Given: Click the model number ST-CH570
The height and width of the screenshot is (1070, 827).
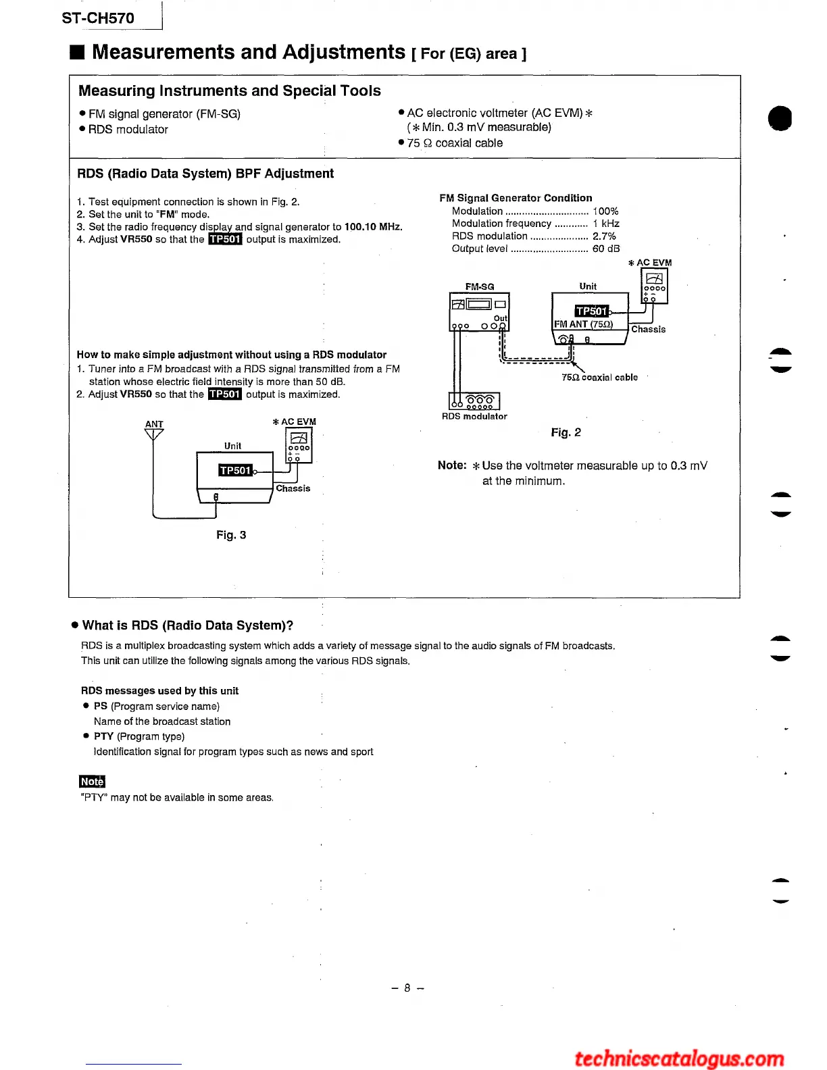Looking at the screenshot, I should click(x=98, y=18).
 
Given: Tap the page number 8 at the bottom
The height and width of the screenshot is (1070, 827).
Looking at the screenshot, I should click(x=407, y=988).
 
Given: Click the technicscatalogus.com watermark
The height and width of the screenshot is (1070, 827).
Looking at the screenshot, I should click(x=679, y=1058).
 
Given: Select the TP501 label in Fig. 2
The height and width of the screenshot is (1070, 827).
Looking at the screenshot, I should click(x=591, y=311).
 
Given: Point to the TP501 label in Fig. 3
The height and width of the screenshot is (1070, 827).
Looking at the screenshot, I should click(x=235, y=470).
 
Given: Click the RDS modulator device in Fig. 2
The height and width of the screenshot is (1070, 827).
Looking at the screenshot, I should click(x=474, y=401).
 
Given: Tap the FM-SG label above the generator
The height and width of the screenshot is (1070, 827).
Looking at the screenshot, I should click(x=480, y=286).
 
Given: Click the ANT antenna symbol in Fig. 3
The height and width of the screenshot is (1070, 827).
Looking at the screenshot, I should click(x=154, y=433).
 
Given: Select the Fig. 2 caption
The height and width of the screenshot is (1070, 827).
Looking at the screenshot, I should click(x=566, y=432).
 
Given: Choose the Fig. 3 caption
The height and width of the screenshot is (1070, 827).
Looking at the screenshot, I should click(x=231, y=535).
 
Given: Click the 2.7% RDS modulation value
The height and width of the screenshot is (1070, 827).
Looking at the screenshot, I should click(x=604, y=236).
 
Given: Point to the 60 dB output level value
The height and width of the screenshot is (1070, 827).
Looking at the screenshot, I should click(x=606, y=249).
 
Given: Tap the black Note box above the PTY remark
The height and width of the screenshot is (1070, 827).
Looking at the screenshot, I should click(x=92, y=782).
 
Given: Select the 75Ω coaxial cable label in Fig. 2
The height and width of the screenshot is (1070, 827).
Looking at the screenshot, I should click(x=599, y=378).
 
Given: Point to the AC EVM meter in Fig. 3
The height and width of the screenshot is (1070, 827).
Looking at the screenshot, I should click(x=299, y=446).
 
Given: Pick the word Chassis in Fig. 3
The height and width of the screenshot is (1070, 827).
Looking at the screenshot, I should click(x=293, y=488).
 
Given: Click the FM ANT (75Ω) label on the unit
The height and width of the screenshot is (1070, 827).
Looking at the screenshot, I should click(x=583, y=324).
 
